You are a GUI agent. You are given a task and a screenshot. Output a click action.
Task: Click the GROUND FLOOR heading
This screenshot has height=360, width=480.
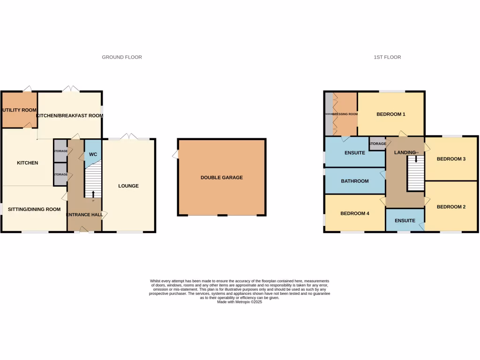tap(122, 57)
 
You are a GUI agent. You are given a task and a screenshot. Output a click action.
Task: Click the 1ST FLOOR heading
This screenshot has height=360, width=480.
tap(387, 57)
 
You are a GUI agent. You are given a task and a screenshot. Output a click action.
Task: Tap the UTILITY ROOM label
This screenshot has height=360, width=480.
tap(19, 110)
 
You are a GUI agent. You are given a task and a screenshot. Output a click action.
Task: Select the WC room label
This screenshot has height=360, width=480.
tap(93, 154)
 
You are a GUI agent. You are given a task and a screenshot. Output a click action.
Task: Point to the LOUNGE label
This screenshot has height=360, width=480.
tap(128, 186)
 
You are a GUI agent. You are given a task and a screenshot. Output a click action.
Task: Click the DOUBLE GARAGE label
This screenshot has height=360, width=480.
tap(222, 178)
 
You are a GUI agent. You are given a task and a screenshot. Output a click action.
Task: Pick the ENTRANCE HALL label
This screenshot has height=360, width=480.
tap(84, 215)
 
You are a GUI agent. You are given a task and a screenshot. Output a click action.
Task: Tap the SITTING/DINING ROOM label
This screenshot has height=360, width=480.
tap(34, 210)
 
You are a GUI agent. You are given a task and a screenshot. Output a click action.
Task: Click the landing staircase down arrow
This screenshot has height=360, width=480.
tap(416, 160)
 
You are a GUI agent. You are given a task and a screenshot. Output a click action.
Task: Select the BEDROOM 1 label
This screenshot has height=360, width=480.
tap(391, 114)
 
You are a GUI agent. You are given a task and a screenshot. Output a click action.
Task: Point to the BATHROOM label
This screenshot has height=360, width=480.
tap(355, 181)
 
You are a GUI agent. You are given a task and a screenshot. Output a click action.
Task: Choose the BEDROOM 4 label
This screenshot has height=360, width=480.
tap(355, 214)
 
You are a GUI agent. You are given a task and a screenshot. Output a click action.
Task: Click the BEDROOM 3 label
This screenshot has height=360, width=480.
tap(451, 159)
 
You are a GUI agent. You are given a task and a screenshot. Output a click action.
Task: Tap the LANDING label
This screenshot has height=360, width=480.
tap(405, 153)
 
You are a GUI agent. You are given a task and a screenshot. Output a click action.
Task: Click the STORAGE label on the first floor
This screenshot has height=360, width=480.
tap(377, 144)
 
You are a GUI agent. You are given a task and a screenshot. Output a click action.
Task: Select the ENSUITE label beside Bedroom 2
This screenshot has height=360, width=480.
tap(405, 221)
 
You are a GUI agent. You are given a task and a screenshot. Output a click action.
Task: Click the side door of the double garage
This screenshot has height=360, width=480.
tap(175, 154)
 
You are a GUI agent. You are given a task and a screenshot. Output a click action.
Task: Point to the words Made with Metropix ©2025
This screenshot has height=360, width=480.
tap(240, 302)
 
